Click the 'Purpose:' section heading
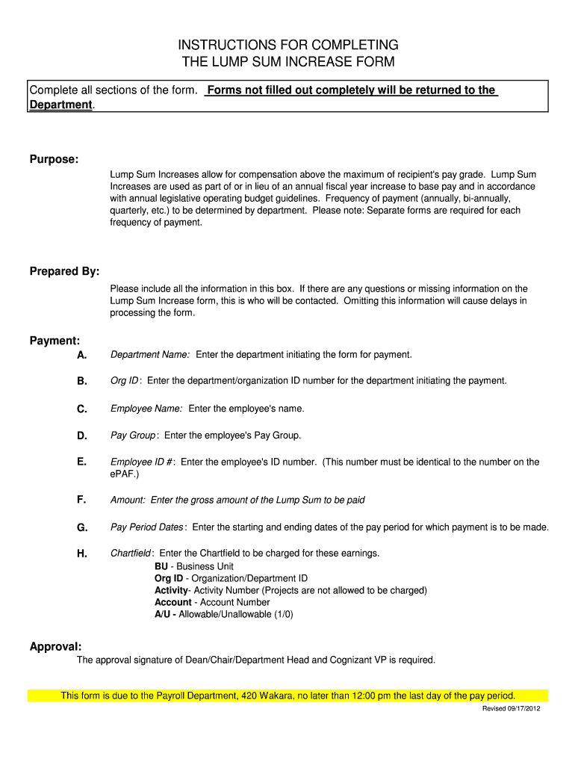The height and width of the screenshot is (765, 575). point(54,160)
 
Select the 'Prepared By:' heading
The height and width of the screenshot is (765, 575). point(64,271)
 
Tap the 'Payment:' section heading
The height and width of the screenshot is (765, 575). point(55,341)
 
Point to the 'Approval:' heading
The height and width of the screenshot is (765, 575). point(56,646)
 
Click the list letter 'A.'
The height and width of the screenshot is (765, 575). point(82,355)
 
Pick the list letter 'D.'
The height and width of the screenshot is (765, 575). point(82,436)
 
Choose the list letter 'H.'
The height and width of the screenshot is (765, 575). point(82,554)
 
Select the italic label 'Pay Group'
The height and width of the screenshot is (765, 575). point(133,436)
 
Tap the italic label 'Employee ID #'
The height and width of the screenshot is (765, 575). point(141,462)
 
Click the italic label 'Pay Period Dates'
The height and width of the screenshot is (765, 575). point(146,527)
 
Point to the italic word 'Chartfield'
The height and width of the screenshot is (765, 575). point(131,554)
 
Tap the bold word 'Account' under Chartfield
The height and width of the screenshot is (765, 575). point(173,602)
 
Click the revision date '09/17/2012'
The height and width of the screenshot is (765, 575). point(522,709)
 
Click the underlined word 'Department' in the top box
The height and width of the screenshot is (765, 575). point(60,105)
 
